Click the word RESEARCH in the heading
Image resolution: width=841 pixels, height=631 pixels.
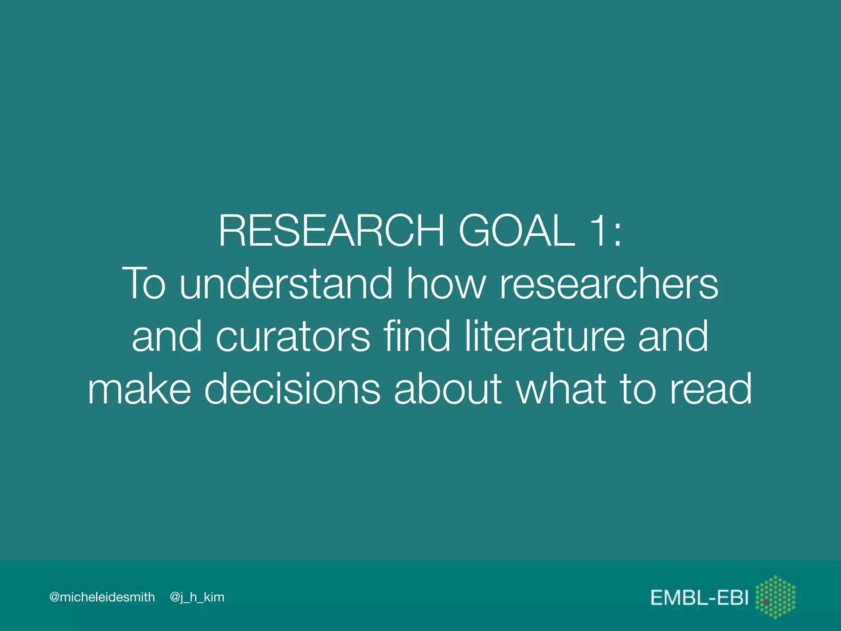click(x=331, y=231)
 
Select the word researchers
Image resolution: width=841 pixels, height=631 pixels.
click(x=609, y=283)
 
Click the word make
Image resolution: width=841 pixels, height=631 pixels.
click(x=140, y=389)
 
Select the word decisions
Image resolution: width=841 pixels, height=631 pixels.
click(x=292, y=389)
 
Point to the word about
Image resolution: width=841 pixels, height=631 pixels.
click(x=448, y=389)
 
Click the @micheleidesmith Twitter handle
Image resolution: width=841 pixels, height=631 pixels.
click(x=102, y=597)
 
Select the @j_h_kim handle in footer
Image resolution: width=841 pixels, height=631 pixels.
click(x=197, y=597)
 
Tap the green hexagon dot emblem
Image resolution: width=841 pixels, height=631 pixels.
click(x=776, y=597)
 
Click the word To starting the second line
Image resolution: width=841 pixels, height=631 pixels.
click(x=144, y=283)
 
